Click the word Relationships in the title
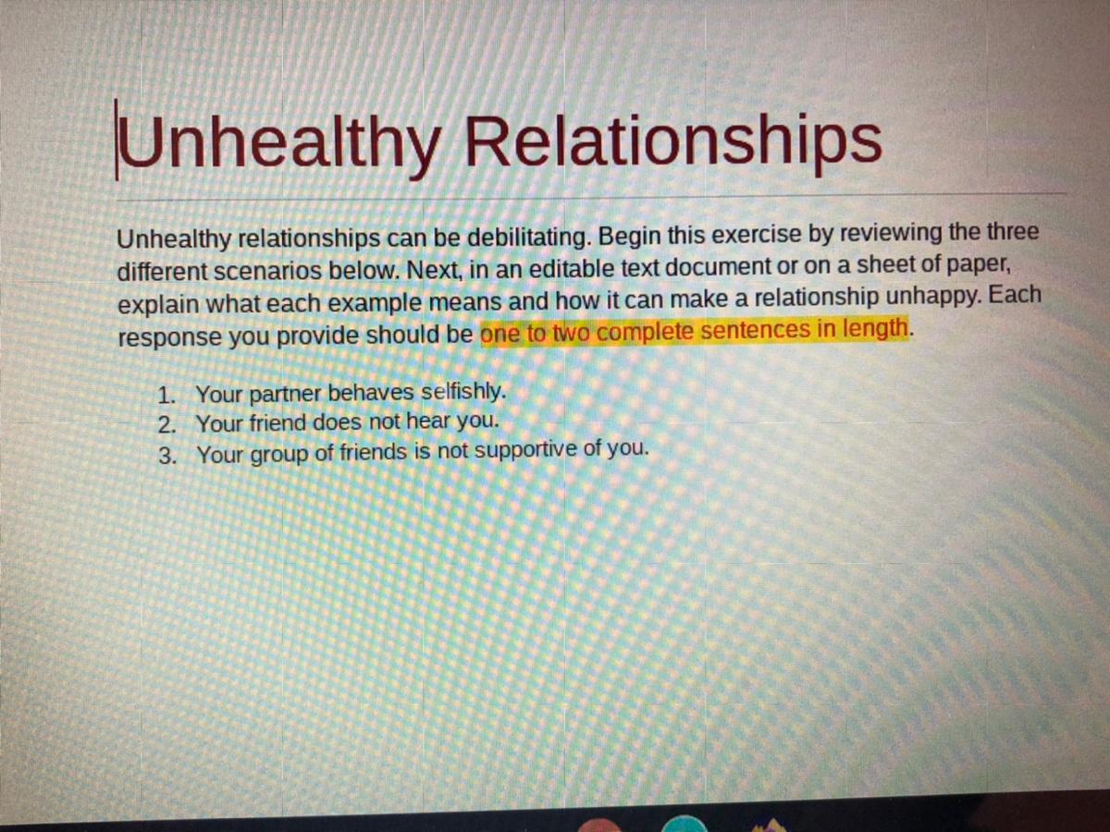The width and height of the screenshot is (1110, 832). [673, 143]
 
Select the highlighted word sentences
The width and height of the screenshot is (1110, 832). [756, 330]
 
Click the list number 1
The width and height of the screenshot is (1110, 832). [166, 395]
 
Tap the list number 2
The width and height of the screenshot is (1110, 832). [166, 425]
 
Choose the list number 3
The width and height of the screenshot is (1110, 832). [166, 456]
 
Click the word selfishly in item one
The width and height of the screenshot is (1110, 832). [463, 392]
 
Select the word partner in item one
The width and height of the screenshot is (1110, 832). [285, 395]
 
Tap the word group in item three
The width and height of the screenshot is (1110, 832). [279, 455]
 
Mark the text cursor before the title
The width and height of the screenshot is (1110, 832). [117, 140]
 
